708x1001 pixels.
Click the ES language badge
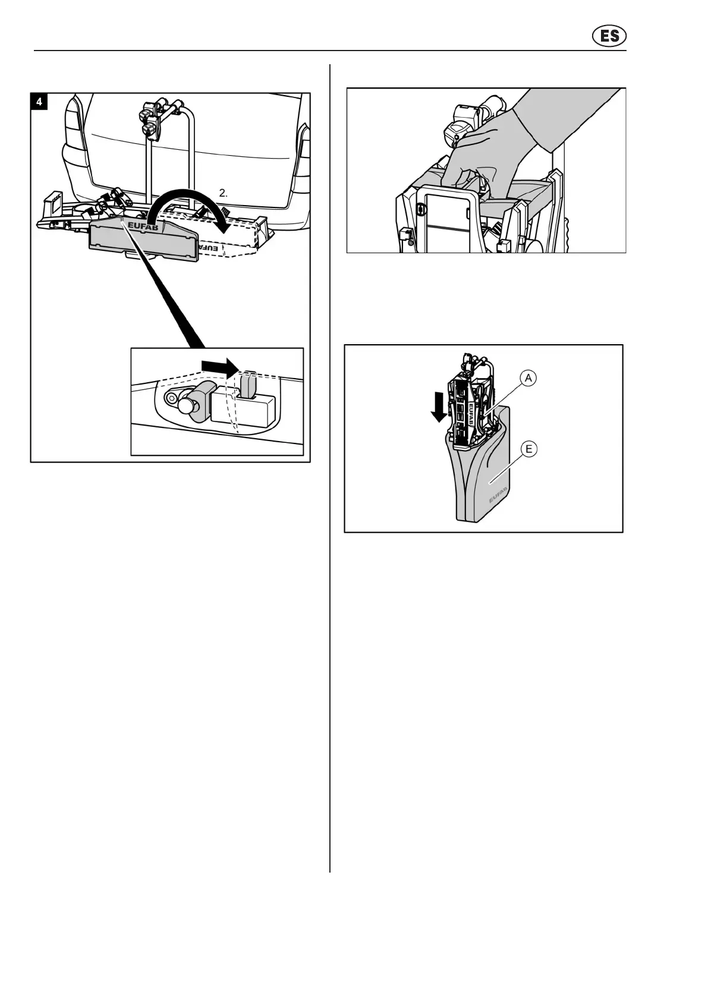point(609,36)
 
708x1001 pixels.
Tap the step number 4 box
point(39,102)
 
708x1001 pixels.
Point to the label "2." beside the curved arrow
point(224,193)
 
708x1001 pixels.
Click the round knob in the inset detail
point(187,408)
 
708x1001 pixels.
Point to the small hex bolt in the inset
point(171,397)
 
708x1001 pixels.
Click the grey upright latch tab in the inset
point(249,383)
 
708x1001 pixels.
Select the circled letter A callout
point(527,378)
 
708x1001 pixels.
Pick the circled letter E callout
point(528,449)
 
